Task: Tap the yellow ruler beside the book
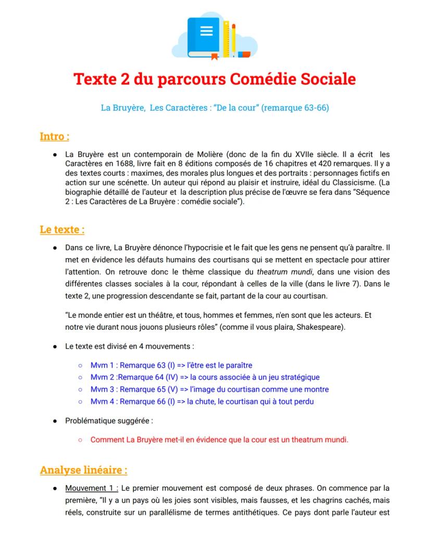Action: point(226,38)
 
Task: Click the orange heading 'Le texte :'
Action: point(62,229)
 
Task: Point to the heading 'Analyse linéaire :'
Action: point(83,470)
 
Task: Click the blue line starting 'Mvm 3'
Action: point(209,389)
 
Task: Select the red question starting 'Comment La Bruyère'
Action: point(219,439)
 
